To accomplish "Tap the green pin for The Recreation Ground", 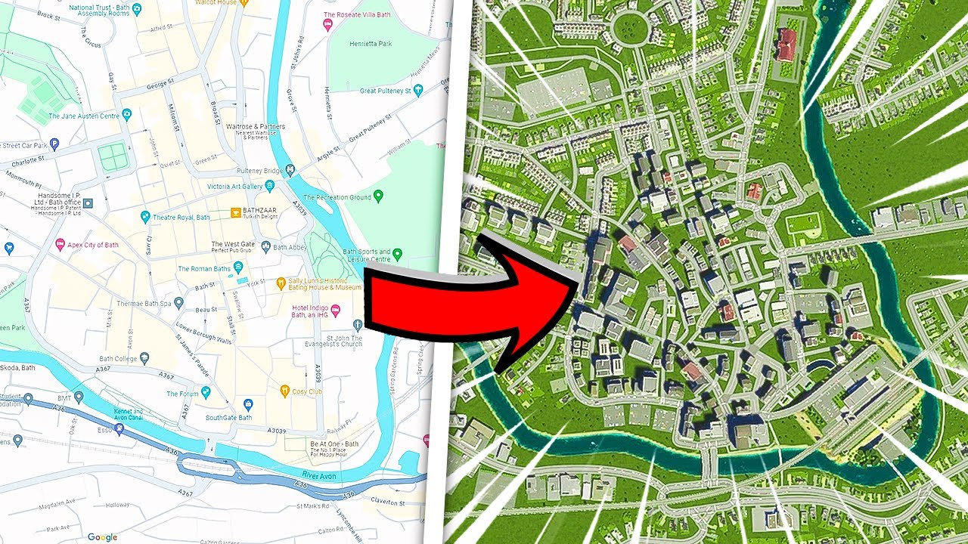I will (379, 196).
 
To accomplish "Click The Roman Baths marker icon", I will (238, 267).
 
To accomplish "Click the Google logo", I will (102, 537).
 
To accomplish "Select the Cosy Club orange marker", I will (284, 391).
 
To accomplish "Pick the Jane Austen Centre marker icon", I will (126, 115).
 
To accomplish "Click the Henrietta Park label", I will (371, 44).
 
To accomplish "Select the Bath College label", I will (116, 358).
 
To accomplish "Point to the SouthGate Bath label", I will (230, 417).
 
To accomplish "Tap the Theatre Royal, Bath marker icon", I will (145, 218).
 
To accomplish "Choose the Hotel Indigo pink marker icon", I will (358, 311).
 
